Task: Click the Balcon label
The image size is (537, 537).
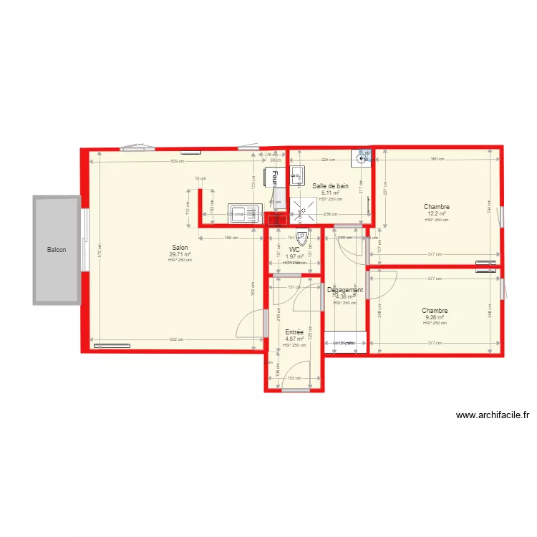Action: pos(57,250)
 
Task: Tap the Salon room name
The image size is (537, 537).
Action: pos(180,247)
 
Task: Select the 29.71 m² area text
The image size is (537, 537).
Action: pos(180,254)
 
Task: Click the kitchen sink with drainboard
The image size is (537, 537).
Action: pos(243,213)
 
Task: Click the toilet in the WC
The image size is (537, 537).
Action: pos(301,236)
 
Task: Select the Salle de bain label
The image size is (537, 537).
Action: pos(331,186)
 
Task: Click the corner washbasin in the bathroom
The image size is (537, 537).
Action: pos(363,156)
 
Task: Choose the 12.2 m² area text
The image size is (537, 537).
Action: pos(436,213)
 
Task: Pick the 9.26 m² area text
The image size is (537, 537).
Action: pos(434,317)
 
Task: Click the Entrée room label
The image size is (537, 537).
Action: pos(294,332)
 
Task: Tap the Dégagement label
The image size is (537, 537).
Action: pos(345,290)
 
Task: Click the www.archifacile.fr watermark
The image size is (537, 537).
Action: pos(492,415)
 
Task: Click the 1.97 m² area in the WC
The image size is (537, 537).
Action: pos(294,256)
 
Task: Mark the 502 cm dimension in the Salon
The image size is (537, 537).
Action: pos(176,339)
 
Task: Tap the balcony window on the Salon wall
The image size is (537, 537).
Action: pos(84,240)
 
